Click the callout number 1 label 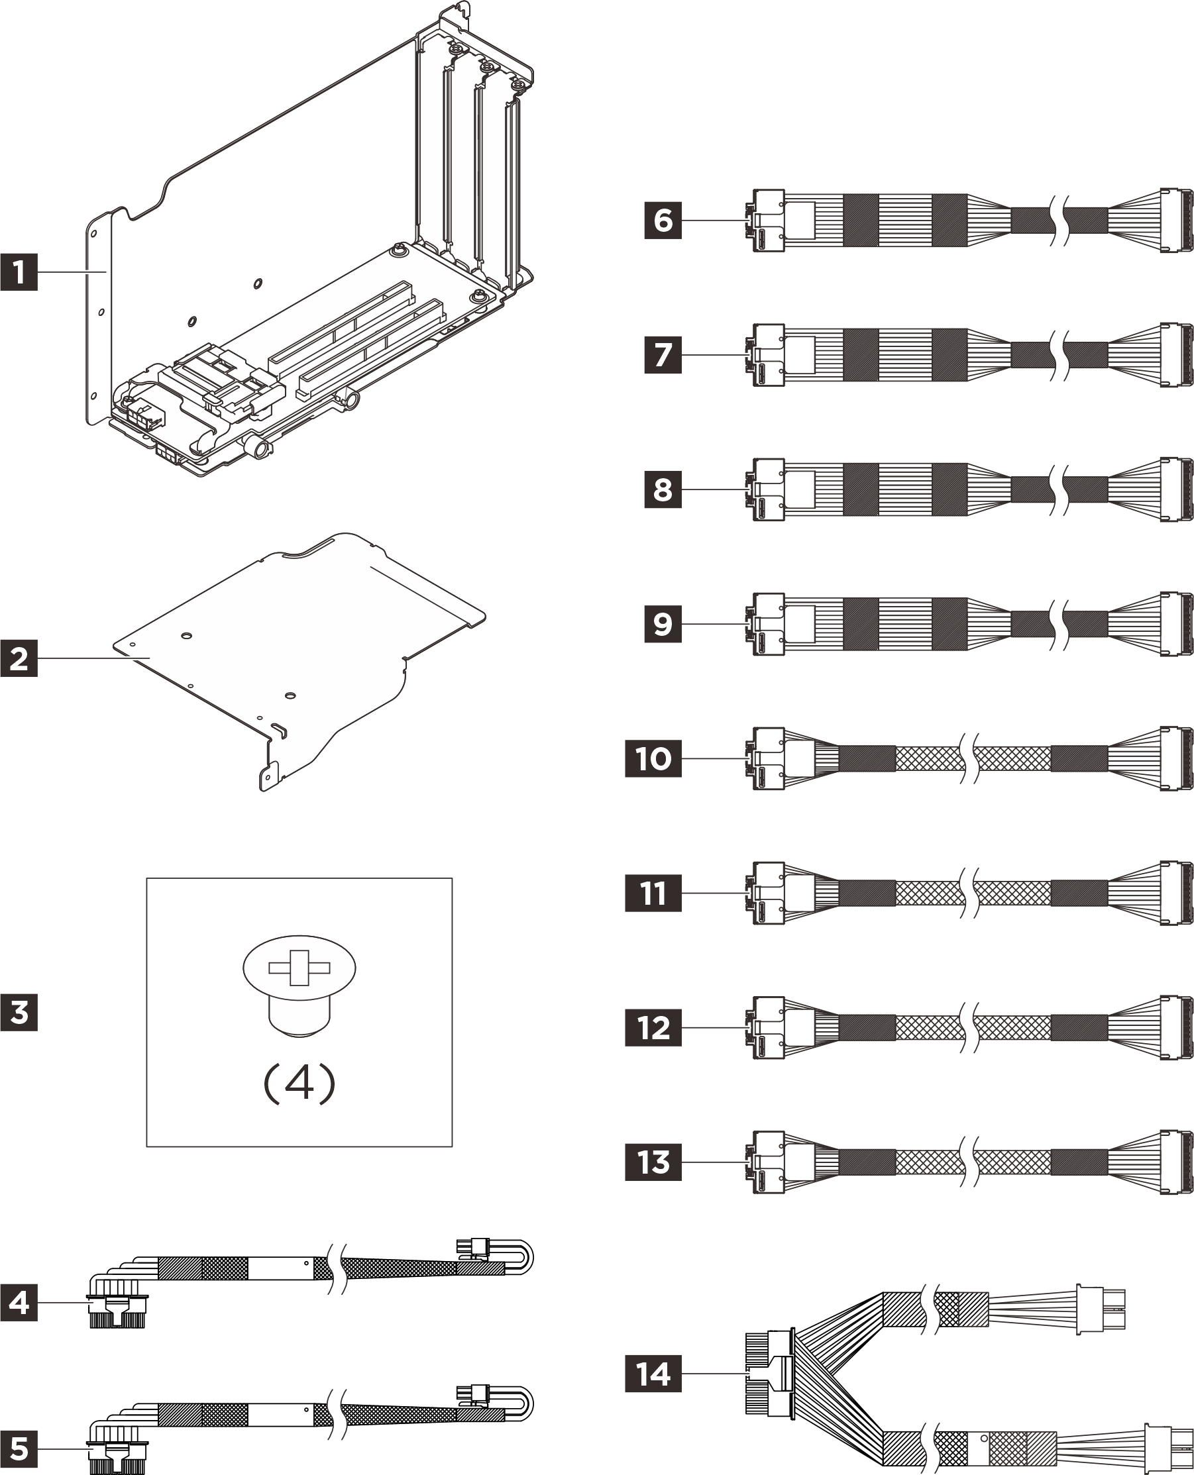tap(19, 272)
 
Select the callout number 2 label tap(19, 658)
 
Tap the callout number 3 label tap(19, 1013)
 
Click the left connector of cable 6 tap(767, 221)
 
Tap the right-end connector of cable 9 tap(1175, 624)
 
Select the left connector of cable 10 tap(767, 759)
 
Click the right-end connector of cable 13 tap(1175, 1162)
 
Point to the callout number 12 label tap(653, 1027)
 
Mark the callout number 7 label tap(663, 354)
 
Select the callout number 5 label tap(19, 1449)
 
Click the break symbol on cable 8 tap(1059, 489)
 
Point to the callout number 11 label tap(653, 893)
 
